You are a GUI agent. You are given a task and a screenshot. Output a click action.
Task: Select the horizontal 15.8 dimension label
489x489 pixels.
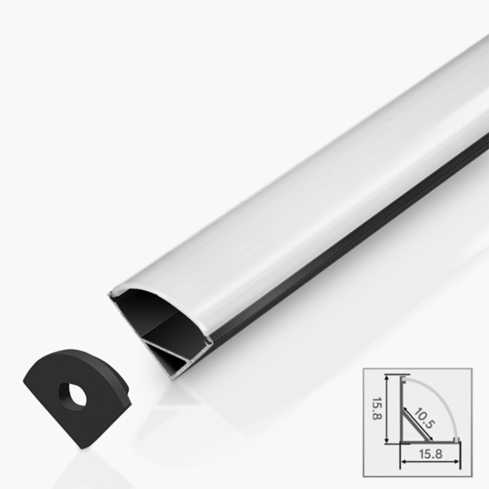point(430,454)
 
